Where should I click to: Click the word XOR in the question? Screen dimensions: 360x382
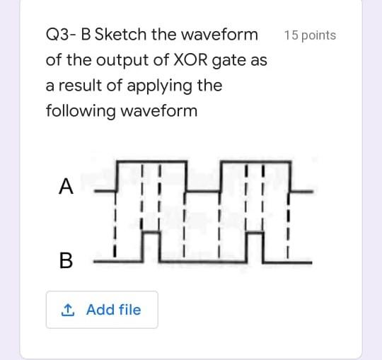[x=187, y=60]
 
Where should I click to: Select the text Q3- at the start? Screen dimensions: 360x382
[x=61, y=35]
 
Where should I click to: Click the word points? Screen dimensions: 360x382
[x=318, y=35]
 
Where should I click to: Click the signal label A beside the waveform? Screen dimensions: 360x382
[x=66, y=186]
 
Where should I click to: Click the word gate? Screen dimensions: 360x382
[x=228, y=62]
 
